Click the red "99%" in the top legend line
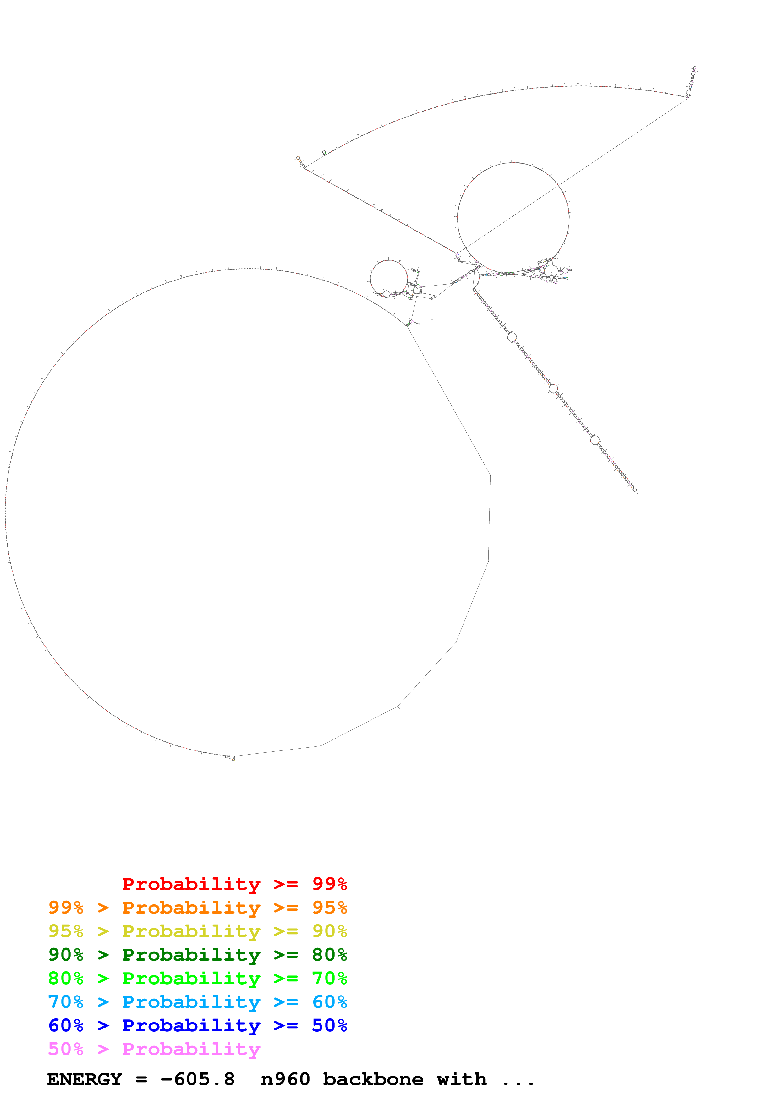click(329, 884)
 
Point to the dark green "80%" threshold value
click(329, 955)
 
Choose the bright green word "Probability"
click(191, 978)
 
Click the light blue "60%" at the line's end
click(329, 1002)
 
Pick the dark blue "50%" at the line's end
click(329, 1025)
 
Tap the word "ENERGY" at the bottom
click(85, 1079)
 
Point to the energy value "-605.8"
click(198, 1079)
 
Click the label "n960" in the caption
click(285, 1079)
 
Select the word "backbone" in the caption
click(373, 1079)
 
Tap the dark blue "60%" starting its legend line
click(66, 1025)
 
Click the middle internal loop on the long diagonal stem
click(553, 388)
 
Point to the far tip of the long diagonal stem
click(635, 490)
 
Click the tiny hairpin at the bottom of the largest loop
click(231, 758)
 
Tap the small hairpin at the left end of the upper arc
click(299, 161)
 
